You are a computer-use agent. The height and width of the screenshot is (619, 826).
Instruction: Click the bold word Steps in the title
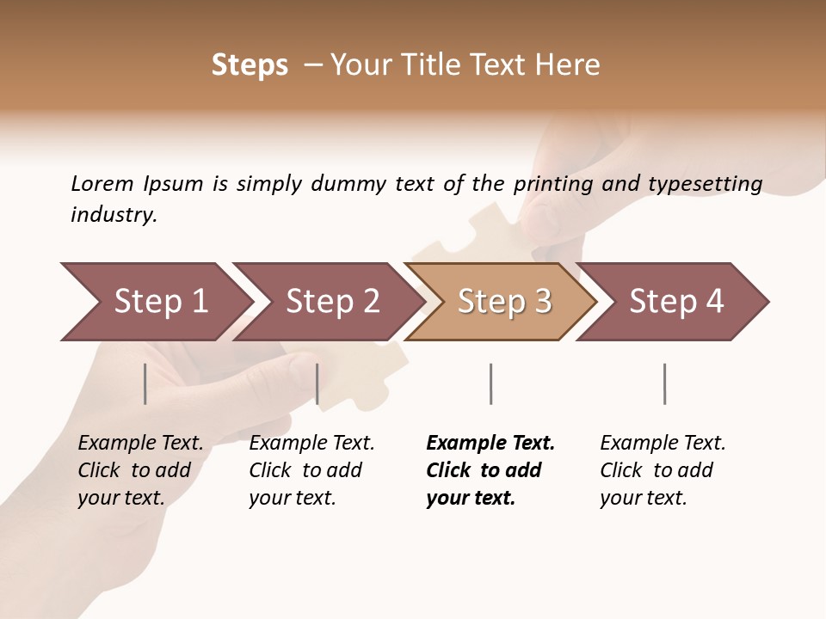click(250, 65)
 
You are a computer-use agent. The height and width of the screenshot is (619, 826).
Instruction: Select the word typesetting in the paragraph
click(705, 184)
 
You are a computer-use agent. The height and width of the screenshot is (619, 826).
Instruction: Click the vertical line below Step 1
click(145, 383)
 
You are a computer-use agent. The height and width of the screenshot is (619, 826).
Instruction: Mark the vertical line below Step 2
click(317, 383)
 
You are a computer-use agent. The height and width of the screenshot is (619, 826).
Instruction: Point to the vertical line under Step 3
click(490, 383)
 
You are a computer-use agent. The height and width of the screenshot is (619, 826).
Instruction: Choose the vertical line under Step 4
click(664, 383)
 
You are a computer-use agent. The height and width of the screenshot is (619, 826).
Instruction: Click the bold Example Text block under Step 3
click(490, 470)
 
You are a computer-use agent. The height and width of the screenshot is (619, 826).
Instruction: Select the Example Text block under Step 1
click(140, 470)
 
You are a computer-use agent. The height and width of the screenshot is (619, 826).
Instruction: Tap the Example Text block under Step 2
click(311, 470)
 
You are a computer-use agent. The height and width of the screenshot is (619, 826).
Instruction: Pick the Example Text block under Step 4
click(663, 470)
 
